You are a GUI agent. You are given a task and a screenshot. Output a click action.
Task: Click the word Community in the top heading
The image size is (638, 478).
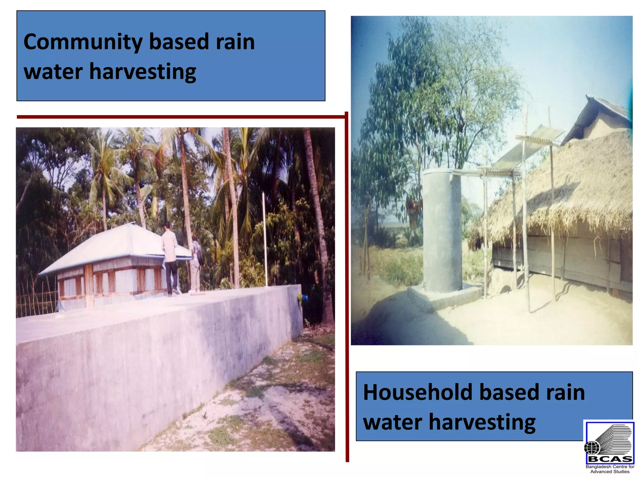point(83,42)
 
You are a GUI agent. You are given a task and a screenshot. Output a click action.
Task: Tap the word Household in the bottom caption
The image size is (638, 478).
point(417,392)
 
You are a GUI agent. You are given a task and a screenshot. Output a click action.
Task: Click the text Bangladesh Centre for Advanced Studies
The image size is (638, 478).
point(610,469)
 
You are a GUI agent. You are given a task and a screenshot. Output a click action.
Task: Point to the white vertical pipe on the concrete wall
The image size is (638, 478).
point(265,240)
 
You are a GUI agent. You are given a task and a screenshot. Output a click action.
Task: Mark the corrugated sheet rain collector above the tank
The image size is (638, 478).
point(526,149)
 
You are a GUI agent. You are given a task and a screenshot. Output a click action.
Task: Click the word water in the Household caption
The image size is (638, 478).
point(393,422)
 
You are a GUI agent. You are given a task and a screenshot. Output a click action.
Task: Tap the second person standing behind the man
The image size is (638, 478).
point(196,265)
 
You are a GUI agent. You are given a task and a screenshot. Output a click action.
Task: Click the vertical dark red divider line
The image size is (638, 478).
point(347,280)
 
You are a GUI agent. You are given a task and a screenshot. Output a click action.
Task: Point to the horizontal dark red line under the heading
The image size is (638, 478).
point(181,117)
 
